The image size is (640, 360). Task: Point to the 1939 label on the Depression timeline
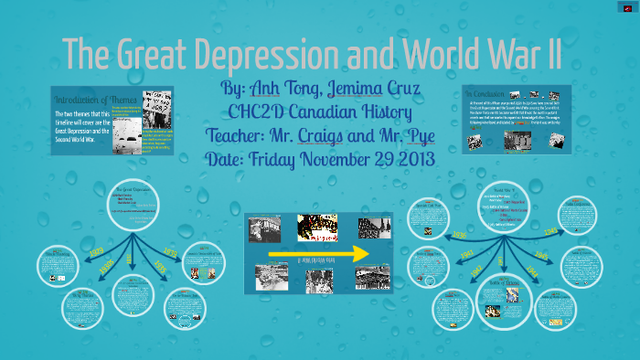171,251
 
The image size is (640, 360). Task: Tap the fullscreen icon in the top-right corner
626,9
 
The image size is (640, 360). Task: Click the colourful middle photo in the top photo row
317,226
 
